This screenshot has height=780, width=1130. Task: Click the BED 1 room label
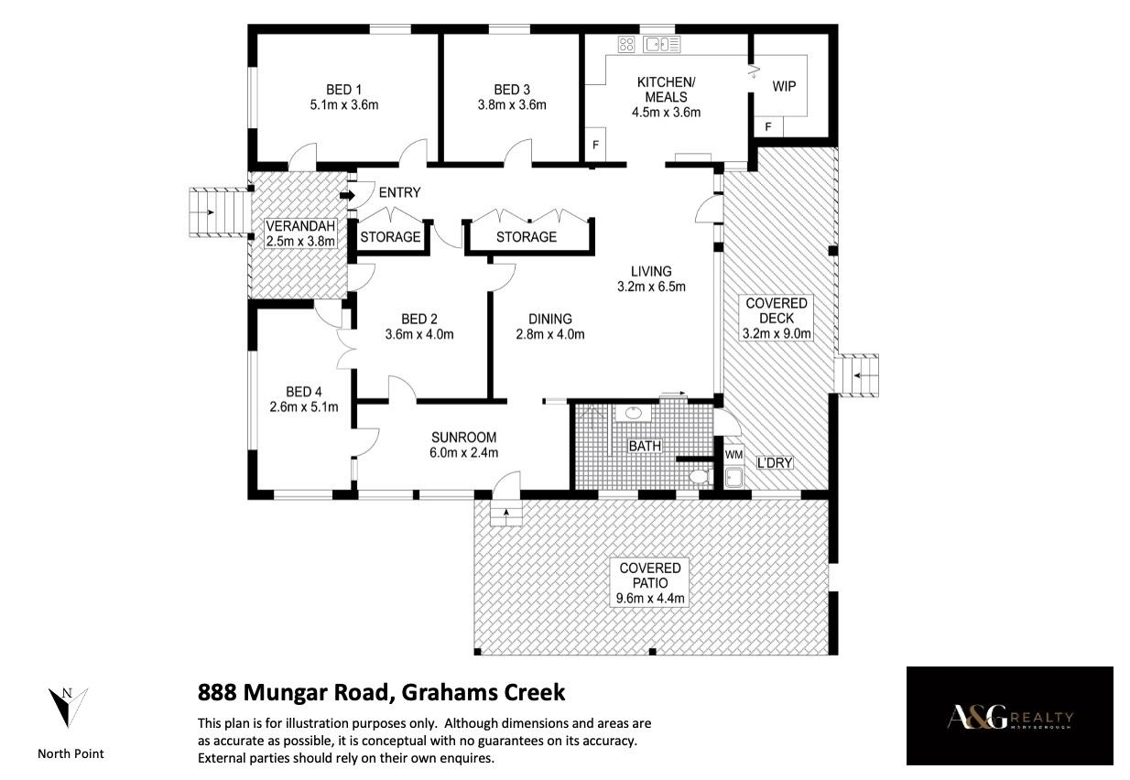coord(343,90)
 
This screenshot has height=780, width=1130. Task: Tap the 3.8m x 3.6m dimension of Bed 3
coord(512,105)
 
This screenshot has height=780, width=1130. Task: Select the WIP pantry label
coord(784,87)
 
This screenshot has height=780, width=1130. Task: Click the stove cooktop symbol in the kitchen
coord(626,44)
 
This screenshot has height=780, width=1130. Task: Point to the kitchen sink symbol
coord(661,44)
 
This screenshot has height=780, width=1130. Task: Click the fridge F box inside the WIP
coord(768,126)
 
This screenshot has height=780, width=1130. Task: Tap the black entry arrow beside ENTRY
coord(347,195)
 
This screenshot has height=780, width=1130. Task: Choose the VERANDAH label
coord(300,226)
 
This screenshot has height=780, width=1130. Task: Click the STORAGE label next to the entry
coord(390,237)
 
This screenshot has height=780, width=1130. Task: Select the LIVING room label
coord(651,271)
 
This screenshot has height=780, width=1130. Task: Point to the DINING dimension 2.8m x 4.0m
coord(549,334)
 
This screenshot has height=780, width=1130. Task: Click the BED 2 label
coord(419,320)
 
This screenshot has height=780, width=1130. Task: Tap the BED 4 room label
coord(304,392)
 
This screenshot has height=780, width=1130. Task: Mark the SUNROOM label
coord(463,437)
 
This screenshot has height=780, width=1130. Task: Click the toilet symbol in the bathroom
coord(701,476)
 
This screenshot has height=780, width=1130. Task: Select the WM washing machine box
coord(733,455)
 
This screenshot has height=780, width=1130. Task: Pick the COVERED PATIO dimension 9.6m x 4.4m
coord(650,599)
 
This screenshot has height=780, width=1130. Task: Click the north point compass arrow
coord(68,707)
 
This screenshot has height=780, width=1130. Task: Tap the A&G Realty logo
coord(1009,717)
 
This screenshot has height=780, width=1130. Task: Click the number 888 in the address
coord(217,692)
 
